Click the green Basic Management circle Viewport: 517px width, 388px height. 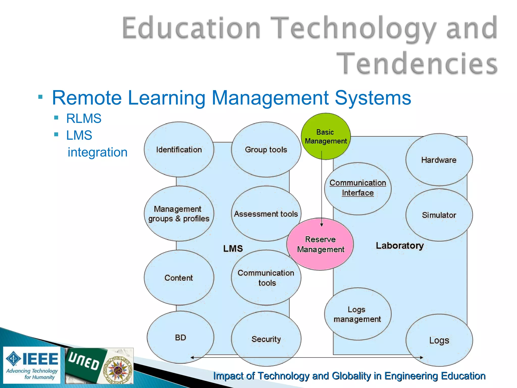point(326,136)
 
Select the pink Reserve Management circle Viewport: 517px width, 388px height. point(320,244)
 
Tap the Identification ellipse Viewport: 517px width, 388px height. point(179,150)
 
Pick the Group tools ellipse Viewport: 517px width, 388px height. point(266,150)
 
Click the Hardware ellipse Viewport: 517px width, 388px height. point(439,160)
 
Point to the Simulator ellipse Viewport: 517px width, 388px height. point(439,215)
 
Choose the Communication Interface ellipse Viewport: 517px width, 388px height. point(358,188)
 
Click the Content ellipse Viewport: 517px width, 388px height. point(179,278)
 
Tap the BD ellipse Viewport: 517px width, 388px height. point(180,337)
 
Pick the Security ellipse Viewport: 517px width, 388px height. point(266,339)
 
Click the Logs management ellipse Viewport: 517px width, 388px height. point(357,314)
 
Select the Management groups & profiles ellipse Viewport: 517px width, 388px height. point(179,214)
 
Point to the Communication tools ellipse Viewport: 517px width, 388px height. point(266,278)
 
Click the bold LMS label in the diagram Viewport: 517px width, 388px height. point(233,249)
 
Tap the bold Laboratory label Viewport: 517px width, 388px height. point(400,246)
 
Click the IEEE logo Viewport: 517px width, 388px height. point(32,365)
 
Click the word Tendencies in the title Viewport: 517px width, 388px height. point(417,63)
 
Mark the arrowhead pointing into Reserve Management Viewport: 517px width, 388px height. point(321,225)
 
